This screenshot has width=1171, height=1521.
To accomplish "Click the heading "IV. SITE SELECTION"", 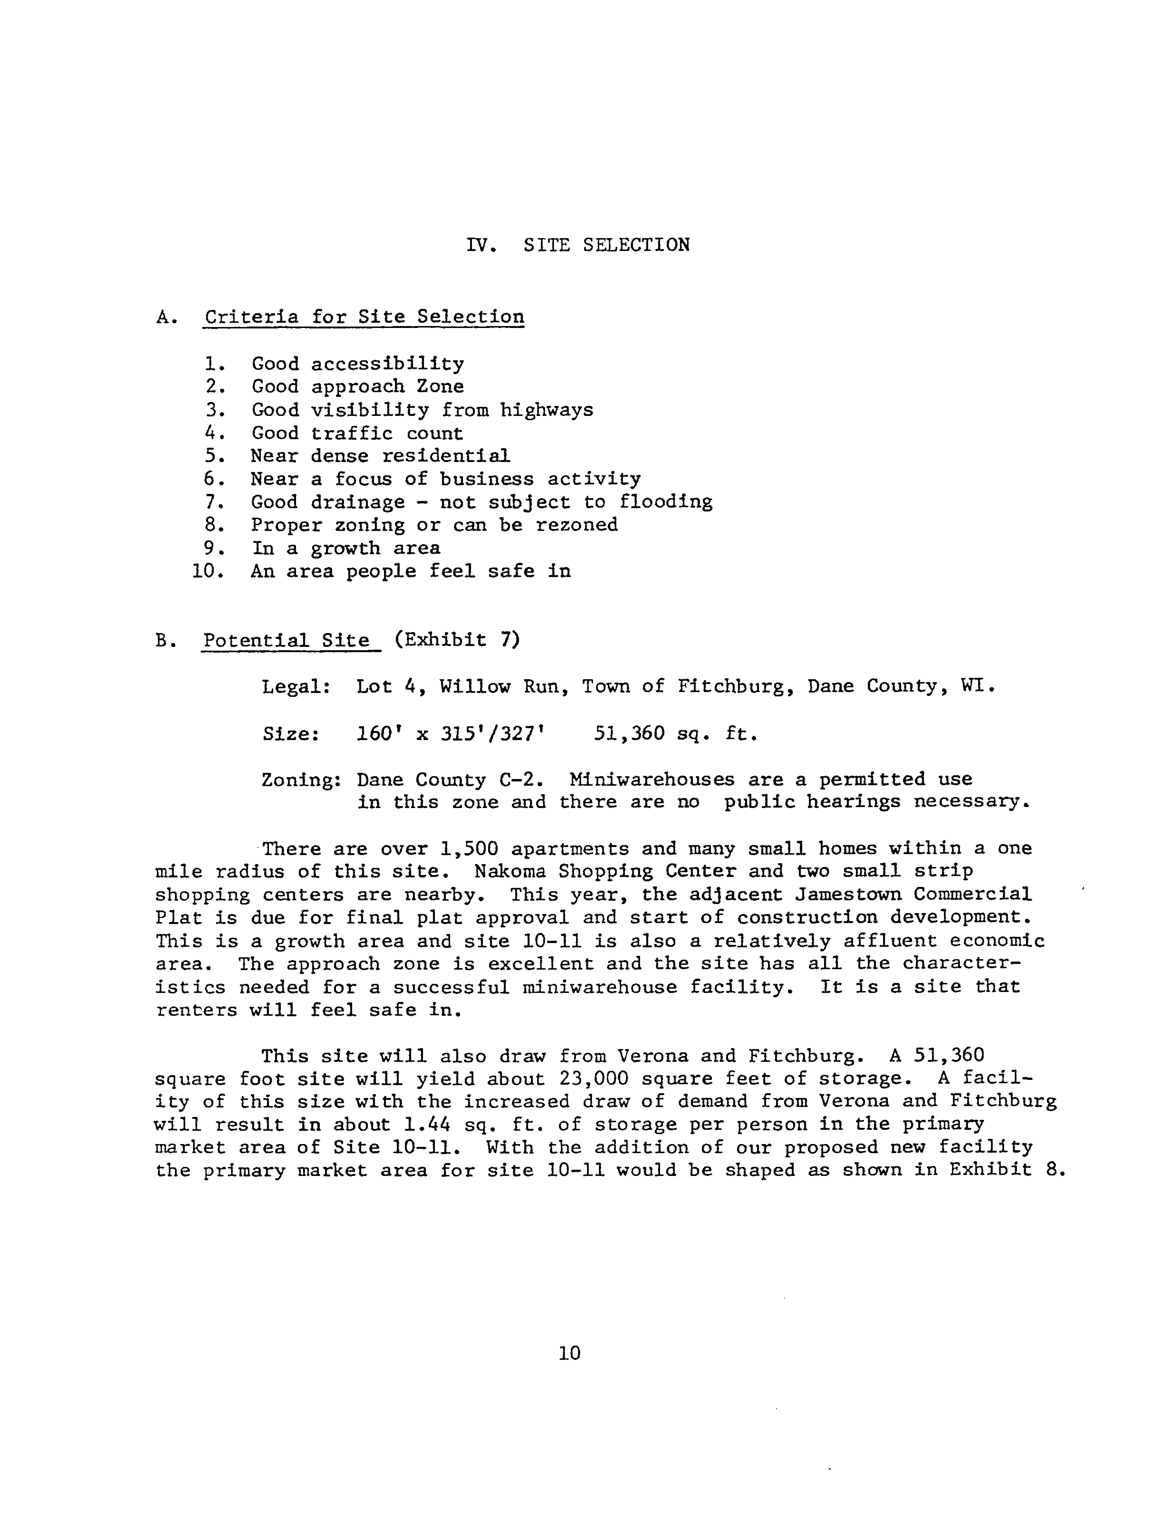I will point(578,245).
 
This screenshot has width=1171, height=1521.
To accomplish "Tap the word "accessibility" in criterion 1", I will point(387,364).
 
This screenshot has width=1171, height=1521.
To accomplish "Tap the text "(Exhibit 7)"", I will point(457,639).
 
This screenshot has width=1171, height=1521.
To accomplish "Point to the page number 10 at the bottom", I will point(569,1353).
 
